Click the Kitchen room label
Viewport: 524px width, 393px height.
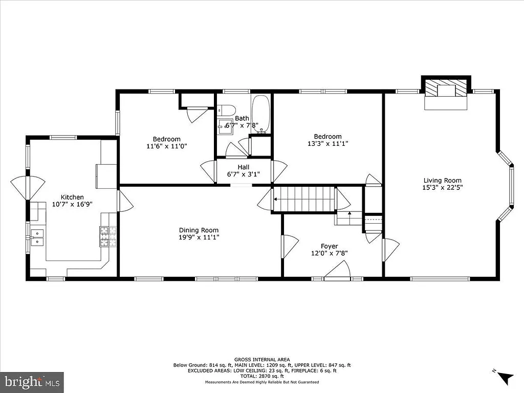coord(72,197)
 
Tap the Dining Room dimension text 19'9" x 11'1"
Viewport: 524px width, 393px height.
coord(199,237)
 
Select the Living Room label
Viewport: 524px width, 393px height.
coord(442,180)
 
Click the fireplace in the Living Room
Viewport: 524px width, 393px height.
coord(445,94)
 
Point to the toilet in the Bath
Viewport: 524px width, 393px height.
coord(226,111)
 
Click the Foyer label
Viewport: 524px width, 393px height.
coord(329,246)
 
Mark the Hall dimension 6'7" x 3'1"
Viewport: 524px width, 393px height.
coord(243,174)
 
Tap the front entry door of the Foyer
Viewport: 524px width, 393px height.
coord(337,271)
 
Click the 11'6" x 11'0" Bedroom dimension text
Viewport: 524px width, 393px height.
coord(166,146)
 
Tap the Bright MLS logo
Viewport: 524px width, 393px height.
coord(32,382)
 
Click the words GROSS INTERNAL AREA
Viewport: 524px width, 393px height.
coord(261,360)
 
